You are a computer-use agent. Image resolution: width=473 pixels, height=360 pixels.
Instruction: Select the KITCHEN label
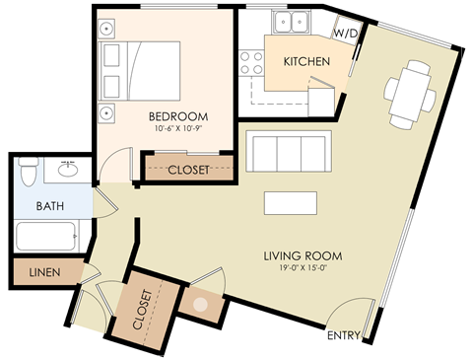coord(306,62)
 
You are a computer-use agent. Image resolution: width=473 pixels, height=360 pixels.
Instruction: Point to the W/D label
coord(345,33)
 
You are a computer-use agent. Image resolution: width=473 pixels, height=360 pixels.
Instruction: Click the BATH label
coord(50,207)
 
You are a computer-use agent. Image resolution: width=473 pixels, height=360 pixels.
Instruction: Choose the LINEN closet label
coord(42,270)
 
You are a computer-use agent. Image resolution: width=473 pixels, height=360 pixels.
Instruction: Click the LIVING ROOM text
coord(302,257)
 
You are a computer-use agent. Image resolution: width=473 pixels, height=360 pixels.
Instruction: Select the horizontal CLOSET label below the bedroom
coord(188,170)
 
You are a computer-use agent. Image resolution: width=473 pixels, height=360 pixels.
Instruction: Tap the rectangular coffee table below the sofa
coord(291,201)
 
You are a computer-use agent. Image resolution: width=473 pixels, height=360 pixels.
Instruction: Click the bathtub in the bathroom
coord(46,237)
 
